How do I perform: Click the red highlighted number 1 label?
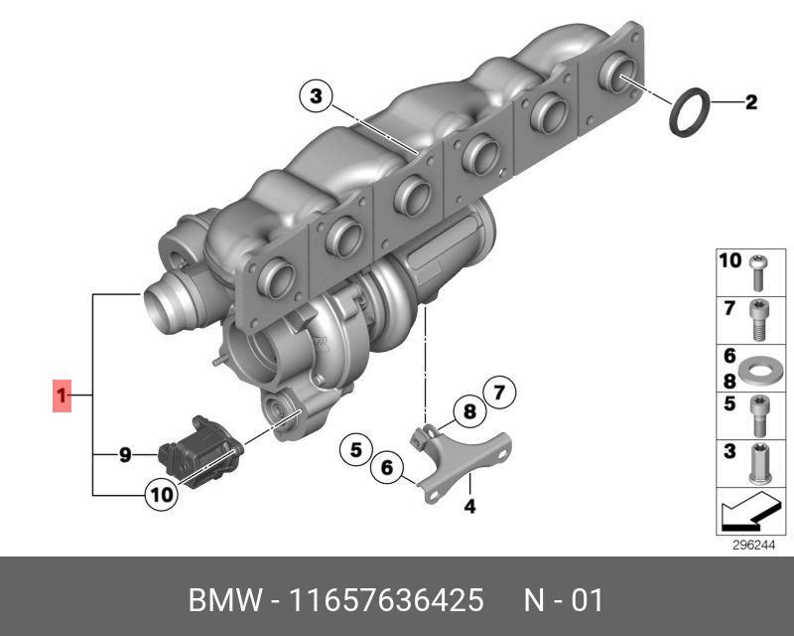click(62, 396)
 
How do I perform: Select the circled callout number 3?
click(316, 95)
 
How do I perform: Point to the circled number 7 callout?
click(499, 393)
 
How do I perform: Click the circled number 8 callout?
click(469, 411)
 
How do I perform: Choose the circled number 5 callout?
click(356, 450)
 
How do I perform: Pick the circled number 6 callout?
click(387, 467)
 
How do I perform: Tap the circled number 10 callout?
click(162, 495)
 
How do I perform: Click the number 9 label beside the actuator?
click(125, 455)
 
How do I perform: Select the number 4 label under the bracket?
click(469, 506)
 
